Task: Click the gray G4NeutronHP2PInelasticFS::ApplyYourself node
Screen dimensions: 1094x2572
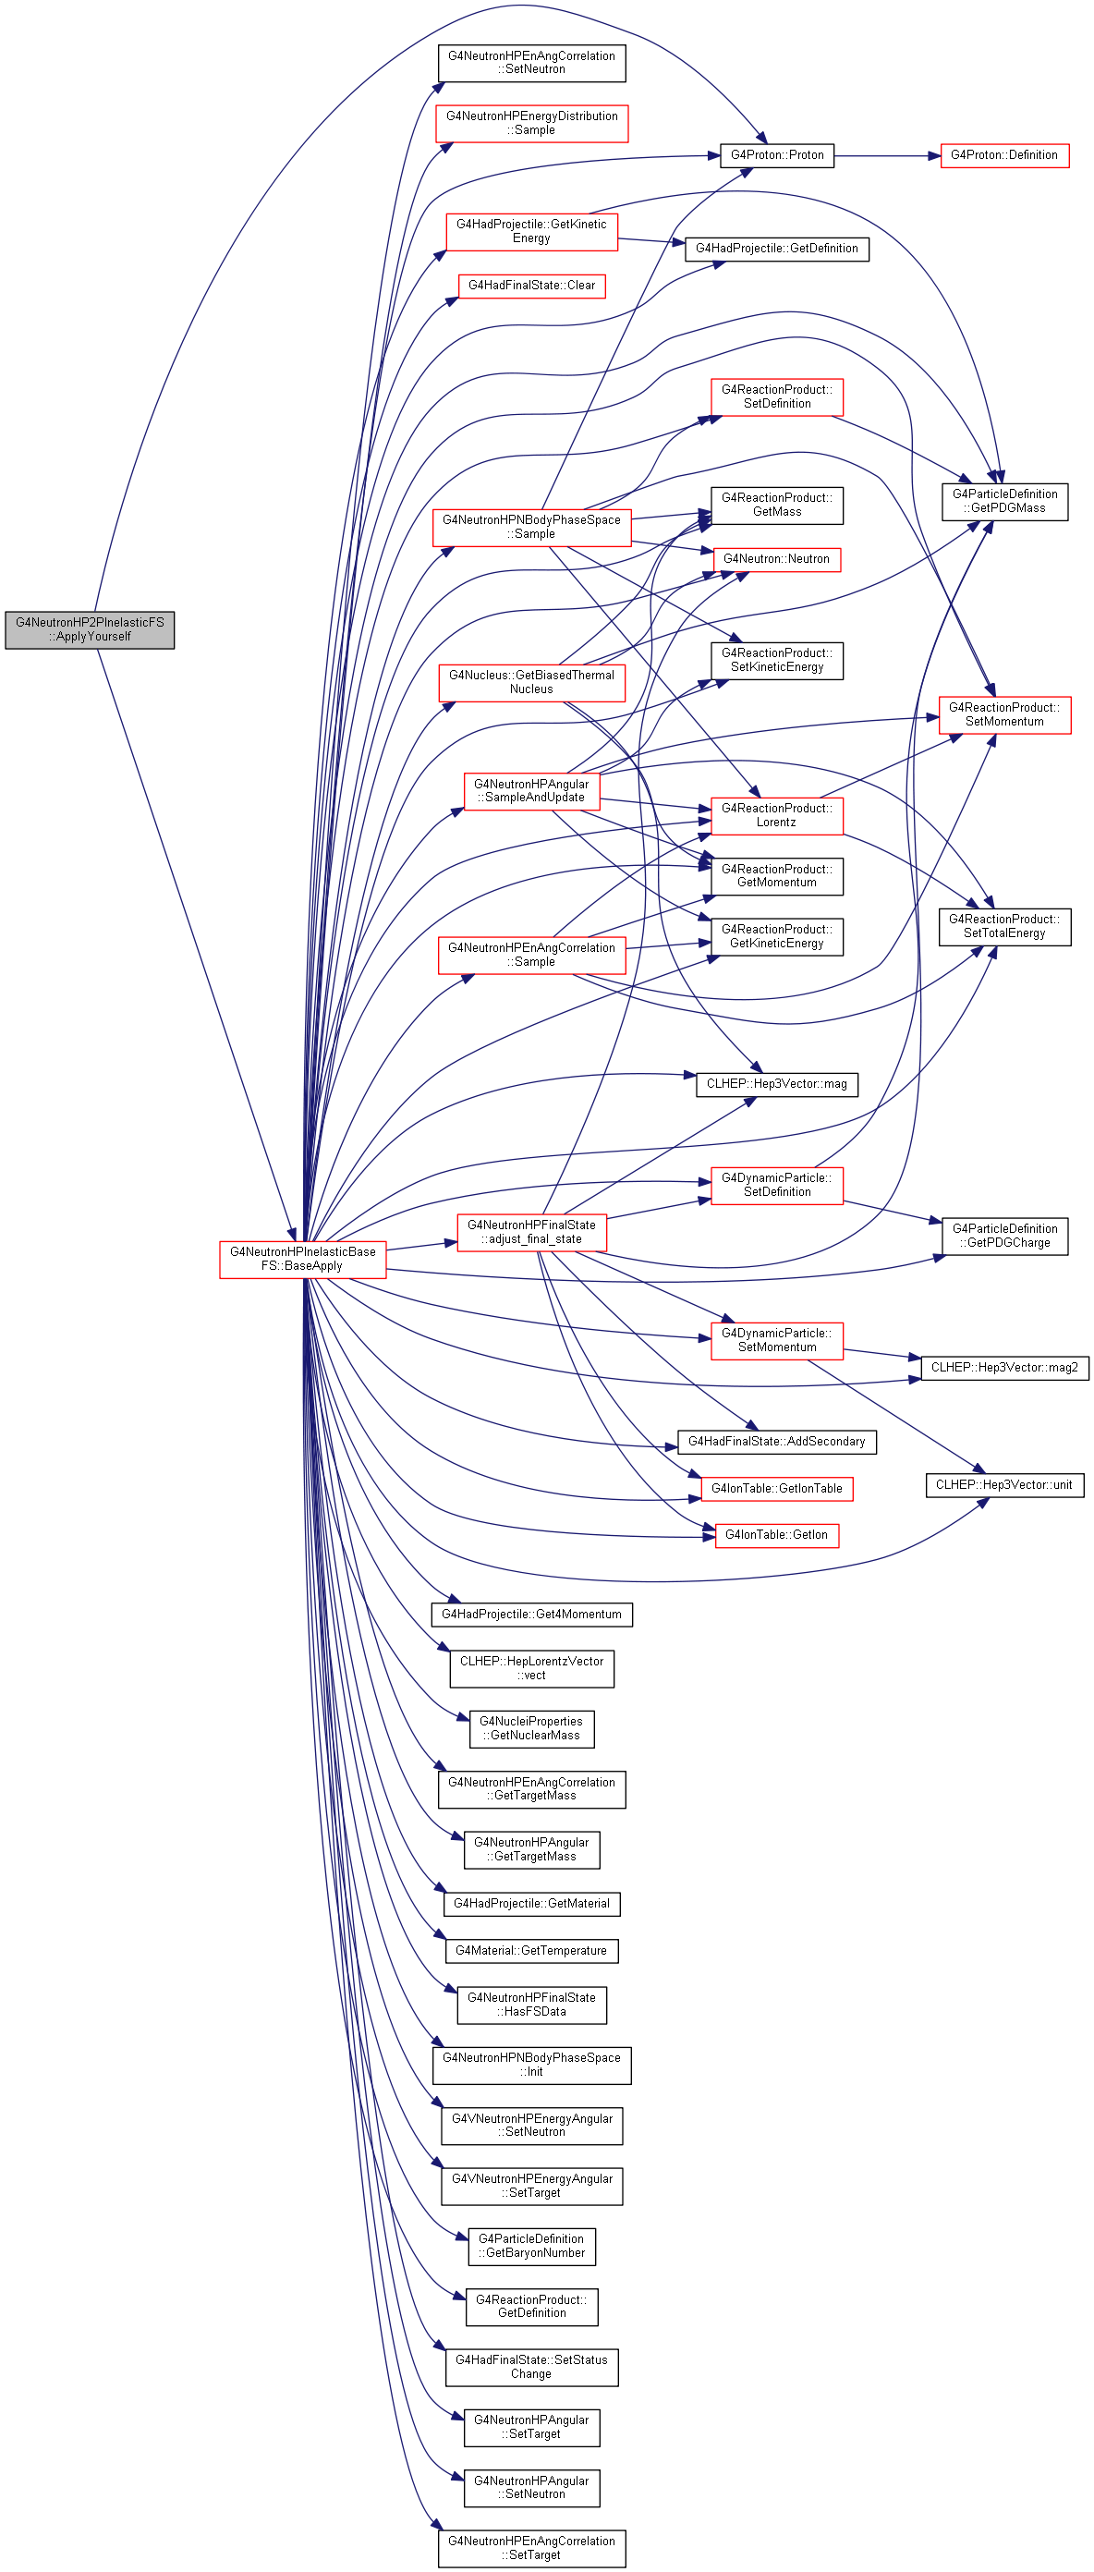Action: (90, 629)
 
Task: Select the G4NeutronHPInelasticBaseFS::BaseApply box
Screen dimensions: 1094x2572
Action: (302, 1258)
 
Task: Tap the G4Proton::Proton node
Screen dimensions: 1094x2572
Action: (776, 154)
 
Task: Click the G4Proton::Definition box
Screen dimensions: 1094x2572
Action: (1004, 154)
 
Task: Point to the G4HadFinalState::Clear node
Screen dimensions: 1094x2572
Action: (531, 286)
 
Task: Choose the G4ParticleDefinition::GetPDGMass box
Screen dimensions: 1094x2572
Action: (1004, 501)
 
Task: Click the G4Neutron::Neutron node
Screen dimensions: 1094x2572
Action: (776, 559)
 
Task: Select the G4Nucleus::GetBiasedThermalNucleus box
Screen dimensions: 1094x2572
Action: (531, 682)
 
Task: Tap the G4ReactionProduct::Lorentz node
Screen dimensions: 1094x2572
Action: (776, 815)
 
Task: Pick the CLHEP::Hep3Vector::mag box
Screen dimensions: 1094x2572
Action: (776, 1083)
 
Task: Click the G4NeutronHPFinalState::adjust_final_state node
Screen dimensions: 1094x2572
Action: (531, 1232)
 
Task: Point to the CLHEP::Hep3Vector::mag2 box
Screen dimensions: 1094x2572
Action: (1004, 1367)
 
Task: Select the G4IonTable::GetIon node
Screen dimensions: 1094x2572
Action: (776, 1535)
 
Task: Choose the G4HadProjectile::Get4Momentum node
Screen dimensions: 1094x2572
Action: (531, 1614)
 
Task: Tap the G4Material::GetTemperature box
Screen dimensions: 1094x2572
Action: (531, 1950)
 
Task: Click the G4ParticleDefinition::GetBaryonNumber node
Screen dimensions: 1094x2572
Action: (531, 2246)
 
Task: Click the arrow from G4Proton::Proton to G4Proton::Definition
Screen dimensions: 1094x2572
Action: (886, 156)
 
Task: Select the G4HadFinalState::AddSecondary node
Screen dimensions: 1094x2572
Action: (776, 1441)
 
